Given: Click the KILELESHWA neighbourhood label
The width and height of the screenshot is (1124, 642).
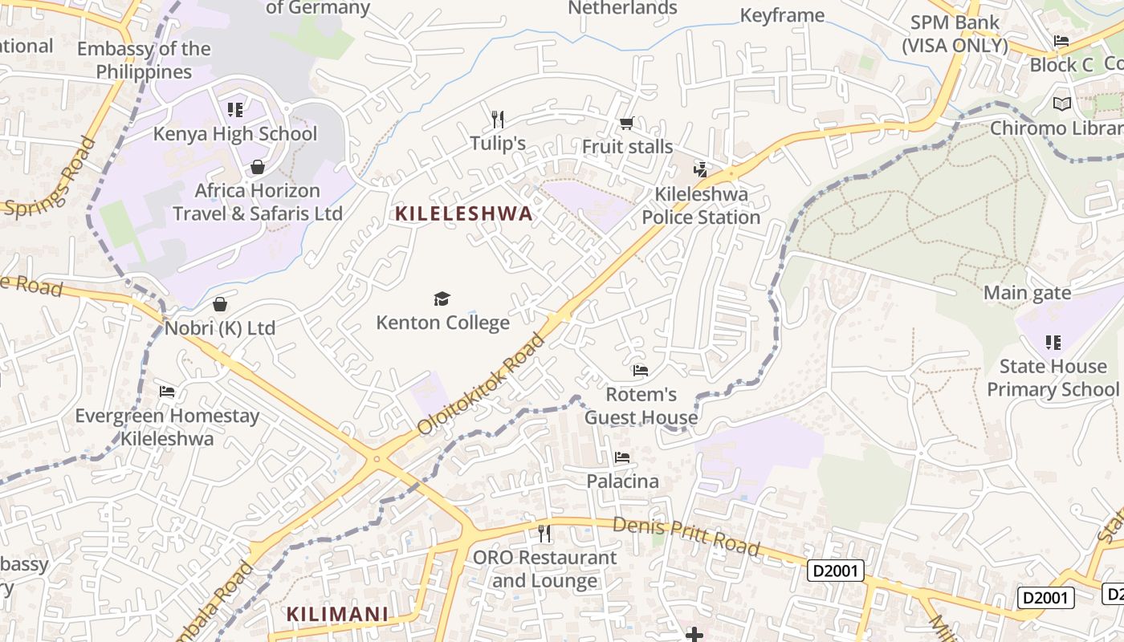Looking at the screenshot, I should [464, 213].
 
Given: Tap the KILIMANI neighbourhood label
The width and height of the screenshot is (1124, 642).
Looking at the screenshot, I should [338, 615].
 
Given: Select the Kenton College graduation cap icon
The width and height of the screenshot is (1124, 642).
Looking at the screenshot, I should [442, 299].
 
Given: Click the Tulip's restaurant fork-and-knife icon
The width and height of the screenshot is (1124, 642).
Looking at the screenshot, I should [498, 120].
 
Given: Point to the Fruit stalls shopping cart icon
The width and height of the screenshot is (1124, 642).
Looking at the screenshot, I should [626, 123].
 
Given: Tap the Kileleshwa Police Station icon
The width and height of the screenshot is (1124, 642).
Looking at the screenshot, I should [700, 169].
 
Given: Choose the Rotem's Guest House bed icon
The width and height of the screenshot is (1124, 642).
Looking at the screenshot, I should [640, 371].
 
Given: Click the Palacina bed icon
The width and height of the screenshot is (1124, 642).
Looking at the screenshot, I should [621, 457].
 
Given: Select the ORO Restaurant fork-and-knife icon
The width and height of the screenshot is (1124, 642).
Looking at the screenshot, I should [544, 533].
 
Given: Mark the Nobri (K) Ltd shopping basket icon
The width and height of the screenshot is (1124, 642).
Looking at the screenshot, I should [220, 305].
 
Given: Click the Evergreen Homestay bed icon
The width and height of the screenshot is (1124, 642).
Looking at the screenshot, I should [167, 392].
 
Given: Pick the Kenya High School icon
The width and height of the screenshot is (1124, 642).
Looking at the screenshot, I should [234, 109].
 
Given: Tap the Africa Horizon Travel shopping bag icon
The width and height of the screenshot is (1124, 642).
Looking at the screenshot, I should [258, 167].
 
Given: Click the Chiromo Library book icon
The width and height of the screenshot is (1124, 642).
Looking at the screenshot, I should [1061, 104].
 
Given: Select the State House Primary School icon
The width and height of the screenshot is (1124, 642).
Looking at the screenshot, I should [1053, 343].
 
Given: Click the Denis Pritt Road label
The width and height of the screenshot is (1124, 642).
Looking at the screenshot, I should [686, 535].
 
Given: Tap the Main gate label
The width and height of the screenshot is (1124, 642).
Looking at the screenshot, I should [1027, 293].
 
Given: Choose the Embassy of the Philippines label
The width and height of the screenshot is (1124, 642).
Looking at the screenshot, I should [145, 60].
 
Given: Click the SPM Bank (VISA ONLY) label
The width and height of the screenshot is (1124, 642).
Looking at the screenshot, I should [955, 34].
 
